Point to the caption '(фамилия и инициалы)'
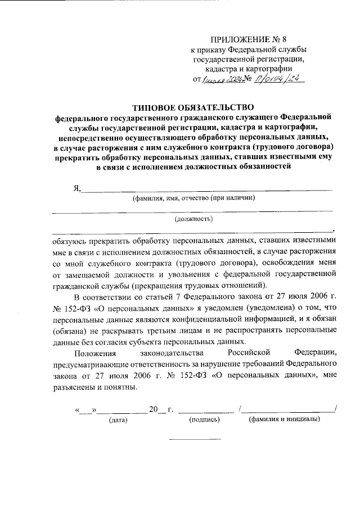click(x=284, y=419)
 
